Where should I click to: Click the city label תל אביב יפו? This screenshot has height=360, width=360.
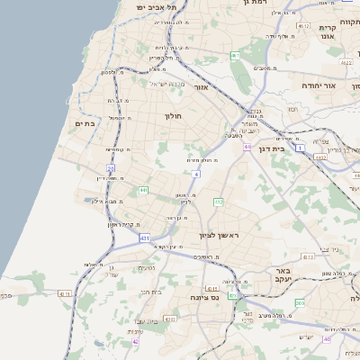pos(155,6)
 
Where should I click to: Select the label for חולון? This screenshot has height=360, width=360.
pos(173,116)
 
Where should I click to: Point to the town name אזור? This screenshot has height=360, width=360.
pos(202,87)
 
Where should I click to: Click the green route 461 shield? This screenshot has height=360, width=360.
pos(235,56)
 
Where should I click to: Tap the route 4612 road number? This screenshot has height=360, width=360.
pos(346,63)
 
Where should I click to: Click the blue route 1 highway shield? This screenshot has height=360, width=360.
pos(300,149)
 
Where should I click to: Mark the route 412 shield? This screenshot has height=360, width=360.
pos(218,202)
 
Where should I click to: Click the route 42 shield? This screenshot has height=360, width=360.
pos(136,341)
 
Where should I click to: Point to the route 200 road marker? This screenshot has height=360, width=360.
pos(300,302)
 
